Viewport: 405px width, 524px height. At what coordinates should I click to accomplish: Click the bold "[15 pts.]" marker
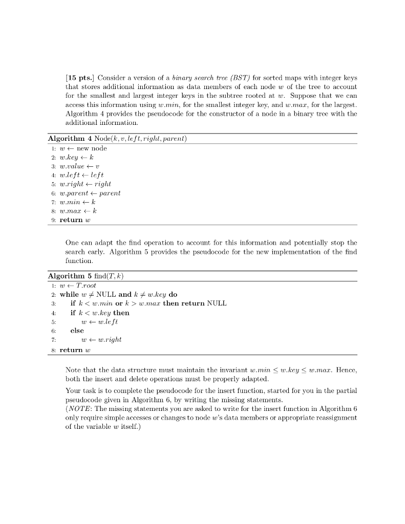(80, 78)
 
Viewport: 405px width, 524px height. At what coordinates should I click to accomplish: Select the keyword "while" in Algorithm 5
(69, 295)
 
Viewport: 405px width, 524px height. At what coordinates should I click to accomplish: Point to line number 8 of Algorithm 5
(53, 350)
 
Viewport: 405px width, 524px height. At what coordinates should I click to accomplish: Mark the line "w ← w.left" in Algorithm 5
(100, 322)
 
